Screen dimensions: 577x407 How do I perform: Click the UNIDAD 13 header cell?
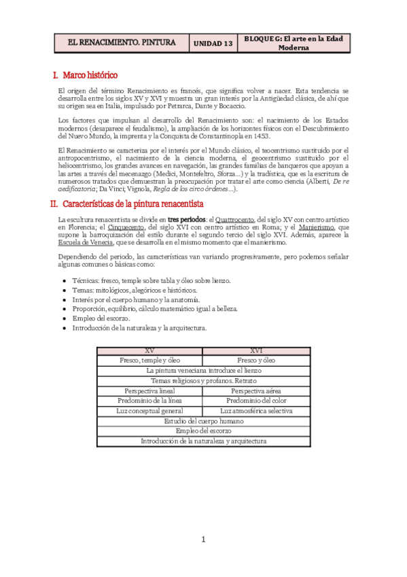click(x=213, y=43)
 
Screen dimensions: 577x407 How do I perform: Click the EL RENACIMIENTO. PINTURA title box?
click(x=122, y=42)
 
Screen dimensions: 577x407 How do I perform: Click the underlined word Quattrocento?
click(x=235, y=219)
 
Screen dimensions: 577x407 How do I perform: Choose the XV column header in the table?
click(x=149, y=350)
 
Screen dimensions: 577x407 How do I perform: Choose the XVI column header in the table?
click(x=256, y=350)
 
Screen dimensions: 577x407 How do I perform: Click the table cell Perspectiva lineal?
click(x=149, y=391)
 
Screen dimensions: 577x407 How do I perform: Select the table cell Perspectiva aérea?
click(x=256, y=391)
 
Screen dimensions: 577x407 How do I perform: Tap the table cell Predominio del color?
click(x=256, y=401)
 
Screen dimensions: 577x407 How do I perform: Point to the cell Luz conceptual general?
click(x=149, y=412)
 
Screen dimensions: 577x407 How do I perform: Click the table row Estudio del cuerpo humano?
click(x=203, y=422)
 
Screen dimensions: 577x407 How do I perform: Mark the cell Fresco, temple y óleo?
click(x=149, y=360)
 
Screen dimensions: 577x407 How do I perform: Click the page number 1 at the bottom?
click(x=203, y=540)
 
